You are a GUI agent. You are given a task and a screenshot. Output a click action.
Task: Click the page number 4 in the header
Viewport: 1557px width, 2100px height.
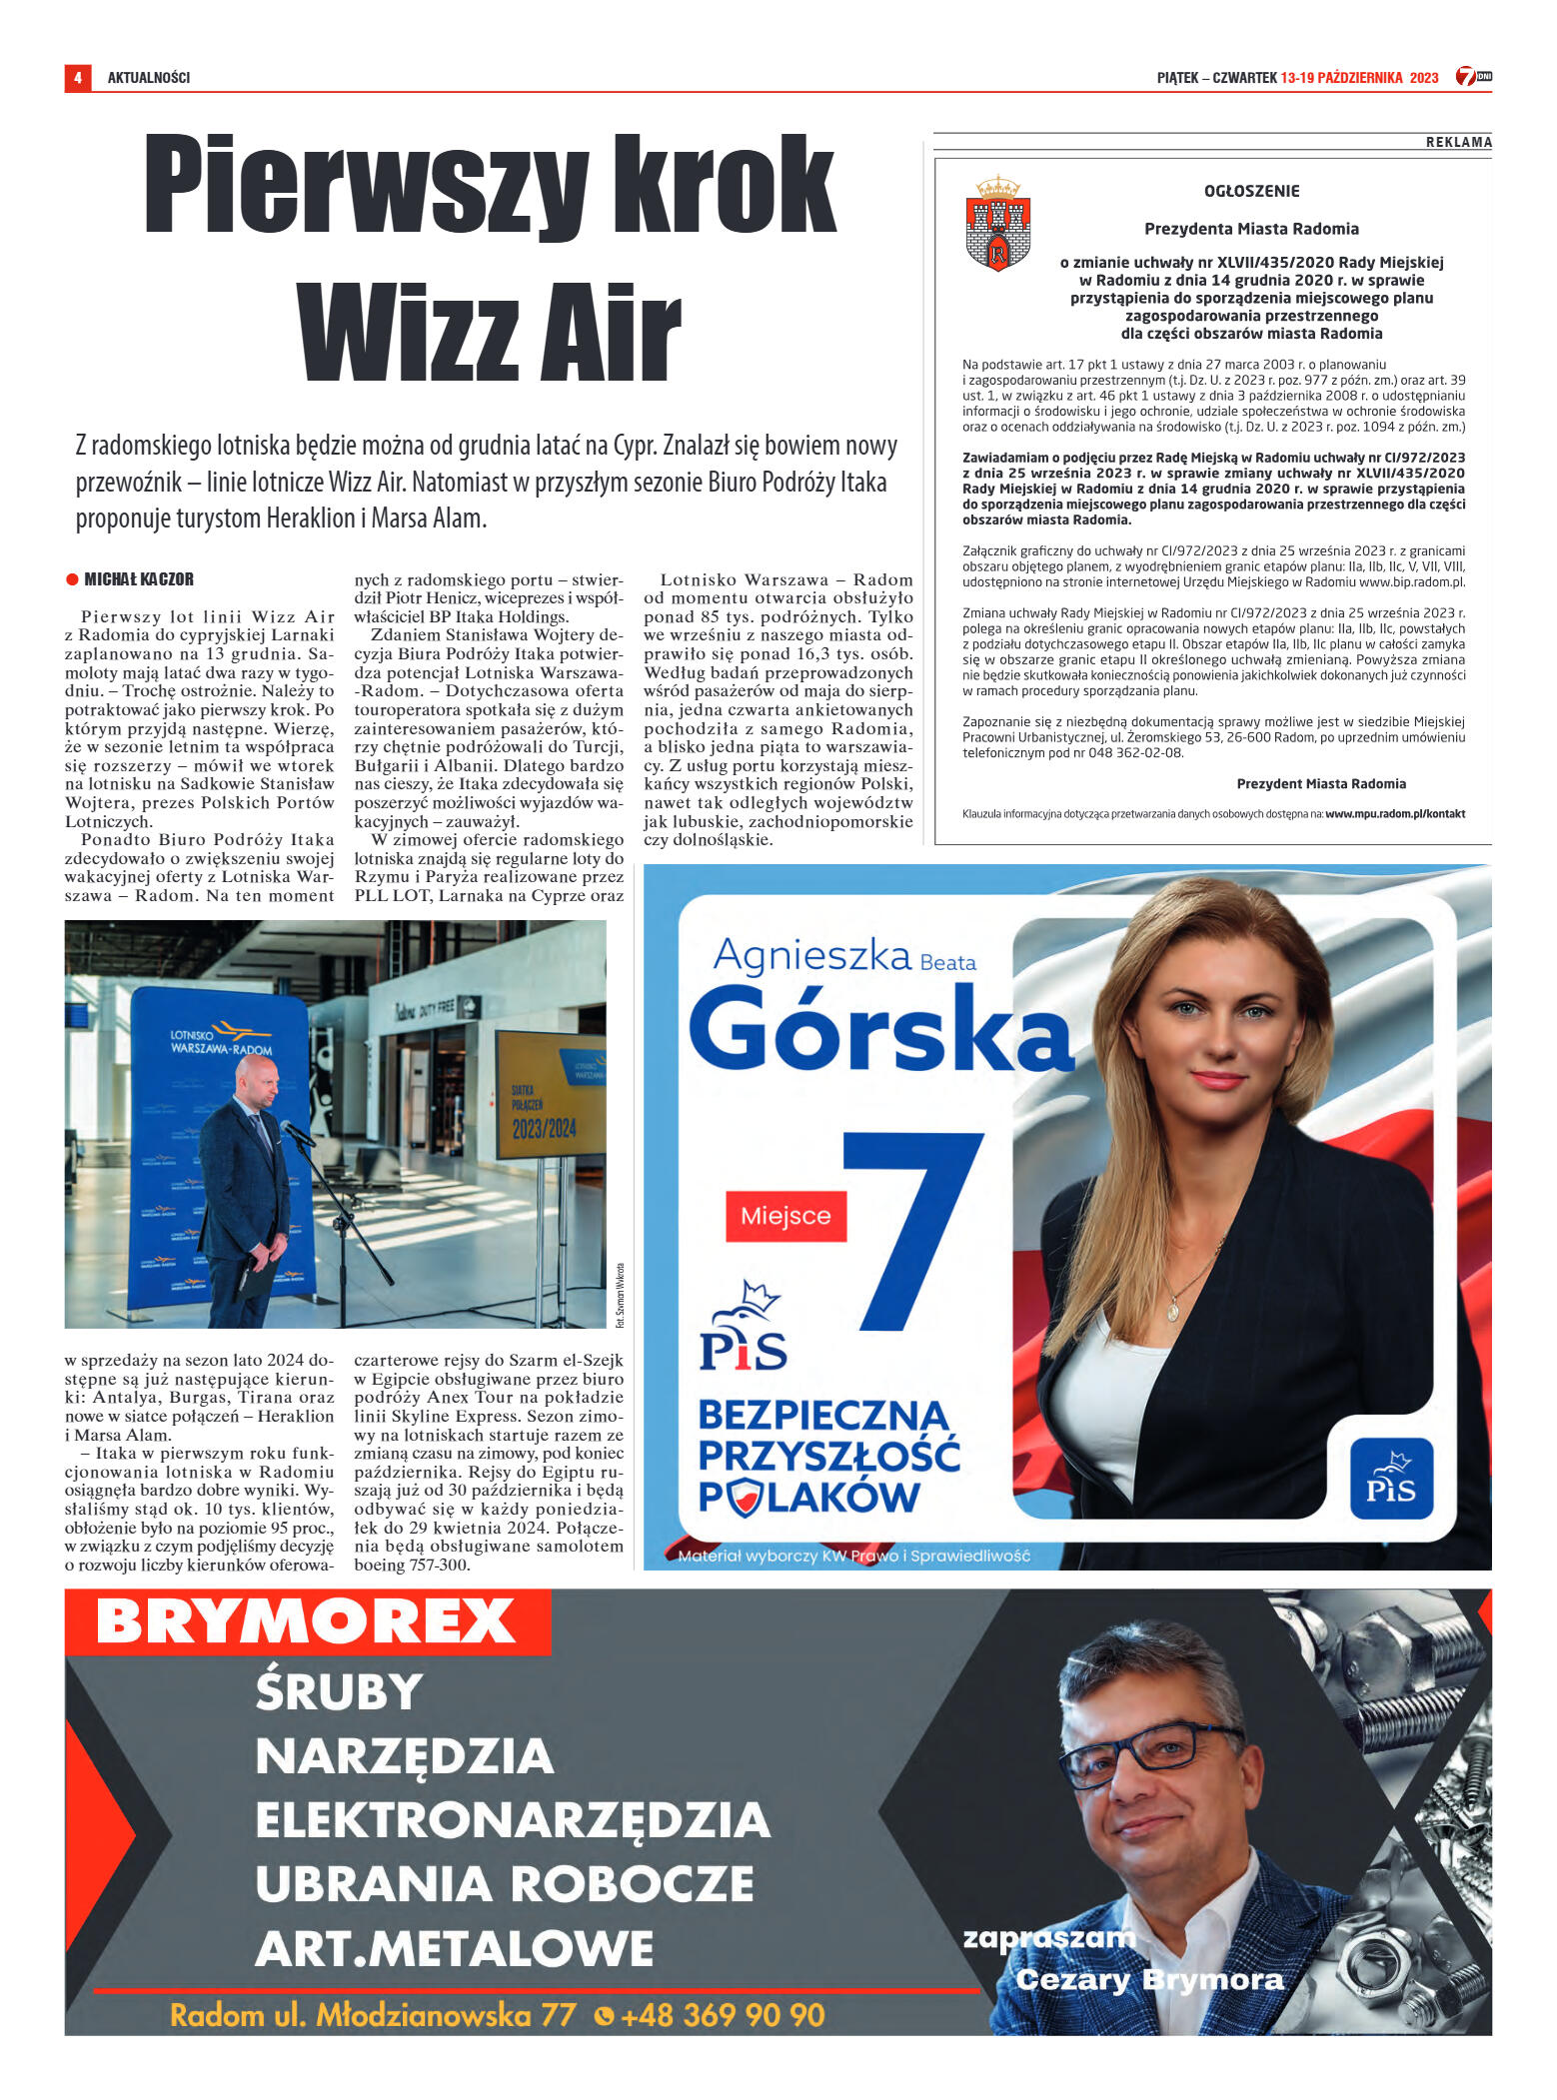(77, 78)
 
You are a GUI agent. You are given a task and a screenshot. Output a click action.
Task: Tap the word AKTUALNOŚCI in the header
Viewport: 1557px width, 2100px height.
(148, 78)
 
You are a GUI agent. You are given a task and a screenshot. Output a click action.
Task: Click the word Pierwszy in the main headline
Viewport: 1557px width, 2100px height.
(365, 186)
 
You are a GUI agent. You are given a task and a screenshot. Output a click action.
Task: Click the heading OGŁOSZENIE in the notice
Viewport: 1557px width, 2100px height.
(1251, 191)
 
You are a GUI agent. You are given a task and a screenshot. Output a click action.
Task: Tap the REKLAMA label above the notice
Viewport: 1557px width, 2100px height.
(1458, 143)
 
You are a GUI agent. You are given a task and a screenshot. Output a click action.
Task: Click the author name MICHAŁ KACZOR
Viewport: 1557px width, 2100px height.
(138, 579)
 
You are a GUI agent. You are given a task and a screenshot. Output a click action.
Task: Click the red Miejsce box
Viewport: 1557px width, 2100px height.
(785, 1216)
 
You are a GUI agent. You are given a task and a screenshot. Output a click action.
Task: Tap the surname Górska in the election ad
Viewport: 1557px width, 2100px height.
(879, 1029)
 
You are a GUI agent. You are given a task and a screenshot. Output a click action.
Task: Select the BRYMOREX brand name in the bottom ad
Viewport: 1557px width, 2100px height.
(305, 1620)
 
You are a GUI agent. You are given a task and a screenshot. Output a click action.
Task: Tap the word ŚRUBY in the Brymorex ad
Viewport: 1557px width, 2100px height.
(338, 1691)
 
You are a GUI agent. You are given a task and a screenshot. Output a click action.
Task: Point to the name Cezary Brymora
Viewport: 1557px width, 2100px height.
(1149, 1979)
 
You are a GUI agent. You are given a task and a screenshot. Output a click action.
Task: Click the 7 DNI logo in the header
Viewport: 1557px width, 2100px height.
(1473, 77)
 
